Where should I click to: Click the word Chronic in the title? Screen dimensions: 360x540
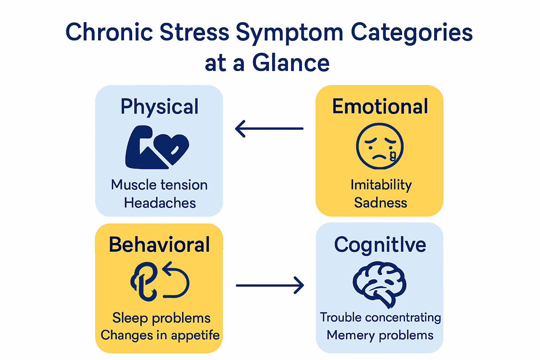pos(109,32)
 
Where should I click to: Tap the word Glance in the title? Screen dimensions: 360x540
pos(291,63)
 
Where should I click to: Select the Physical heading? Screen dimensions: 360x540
pos(159,107)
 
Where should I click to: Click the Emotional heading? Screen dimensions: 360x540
pos(380,107)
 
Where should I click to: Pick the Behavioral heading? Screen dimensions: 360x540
pos(159,245)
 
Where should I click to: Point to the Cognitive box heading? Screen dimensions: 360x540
pos(380,245)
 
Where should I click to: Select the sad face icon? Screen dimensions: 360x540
pos(379,146)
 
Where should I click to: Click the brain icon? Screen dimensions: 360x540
pos(379,283)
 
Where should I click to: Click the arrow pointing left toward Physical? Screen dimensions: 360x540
pos(269,129)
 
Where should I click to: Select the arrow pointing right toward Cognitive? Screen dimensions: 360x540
pos(270,285)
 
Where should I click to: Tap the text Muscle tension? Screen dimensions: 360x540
pos(159,185)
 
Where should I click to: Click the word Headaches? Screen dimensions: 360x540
pos(160,203)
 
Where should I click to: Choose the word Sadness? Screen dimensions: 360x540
pos(380,203)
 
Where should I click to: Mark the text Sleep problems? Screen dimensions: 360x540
pos(161,318)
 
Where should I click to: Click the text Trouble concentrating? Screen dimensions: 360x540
pos(380,317)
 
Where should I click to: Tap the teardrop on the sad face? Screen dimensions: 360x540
pos(393,155)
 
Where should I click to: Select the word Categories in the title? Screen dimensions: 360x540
pos(412,32)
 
